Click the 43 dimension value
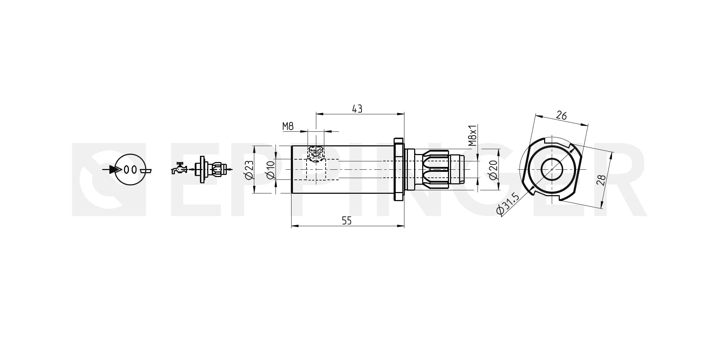357,109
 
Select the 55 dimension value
347,221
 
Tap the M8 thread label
288,126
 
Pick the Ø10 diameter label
271,170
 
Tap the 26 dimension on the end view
561,115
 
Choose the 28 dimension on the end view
602,180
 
